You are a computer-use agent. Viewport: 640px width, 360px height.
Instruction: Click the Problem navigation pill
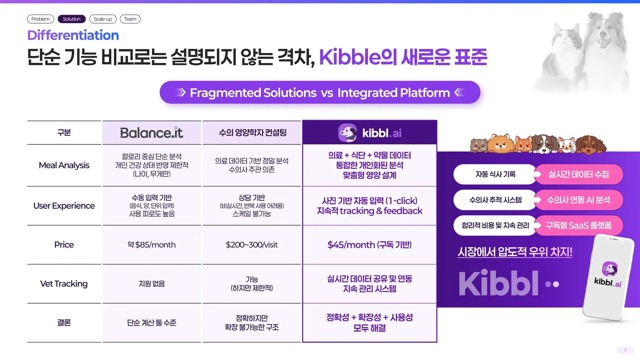[x=40, y=19]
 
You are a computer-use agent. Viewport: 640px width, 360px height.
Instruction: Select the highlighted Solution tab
[x=72, y=19]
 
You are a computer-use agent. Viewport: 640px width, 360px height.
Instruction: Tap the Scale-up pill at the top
[x=103, y=19]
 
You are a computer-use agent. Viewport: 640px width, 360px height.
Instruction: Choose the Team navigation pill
[x=130, y=19]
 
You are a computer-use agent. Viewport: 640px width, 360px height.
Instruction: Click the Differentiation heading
[x=73, y=35]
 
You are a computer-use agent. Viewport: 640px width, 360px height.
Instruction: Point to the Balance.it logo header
[x=152, y=133]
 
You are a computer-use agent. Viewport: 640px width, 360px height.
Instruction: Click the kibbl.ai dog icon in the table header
[x=348, y=133]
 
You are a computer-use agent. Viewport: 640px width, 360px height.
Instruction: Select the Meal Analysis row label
[x=64, y=165]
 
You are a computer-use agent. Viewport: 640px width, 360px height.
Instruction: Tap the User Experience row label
[x=64, y=206]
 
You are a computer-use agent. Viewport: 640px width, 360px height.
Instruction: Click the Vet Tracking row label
[x=64, y=284]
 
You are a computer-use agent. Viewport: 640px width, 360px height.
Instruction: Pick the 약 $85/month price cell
[x=152, y=245]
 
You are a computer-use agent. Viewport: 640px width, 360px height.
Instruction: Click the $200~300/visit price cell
[x=252, y=245]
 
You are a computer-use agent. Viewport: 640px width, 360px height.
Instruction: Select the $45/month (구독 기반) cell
[x=370, y=245]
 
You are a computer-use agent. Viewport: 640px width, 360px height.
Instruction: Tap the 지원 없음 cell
[x=152, y=284]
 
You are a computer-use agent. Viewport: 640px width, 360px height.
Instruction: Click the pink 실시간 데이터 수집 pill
[x=578, y=174]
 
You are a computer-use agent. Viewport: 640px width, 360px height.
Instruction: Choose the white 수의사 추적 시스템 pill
[x=496, y=200]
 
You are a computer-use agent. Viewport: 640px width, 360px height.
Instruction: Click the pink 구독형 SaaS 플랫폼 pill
[x=578, y=226]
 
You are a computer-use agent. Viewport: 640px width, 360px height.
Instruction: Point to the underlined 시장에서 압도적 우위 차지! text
[x=515, y=252]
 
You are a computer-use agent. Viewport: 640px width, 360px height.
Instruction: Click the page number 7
[x=625, y=350]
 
